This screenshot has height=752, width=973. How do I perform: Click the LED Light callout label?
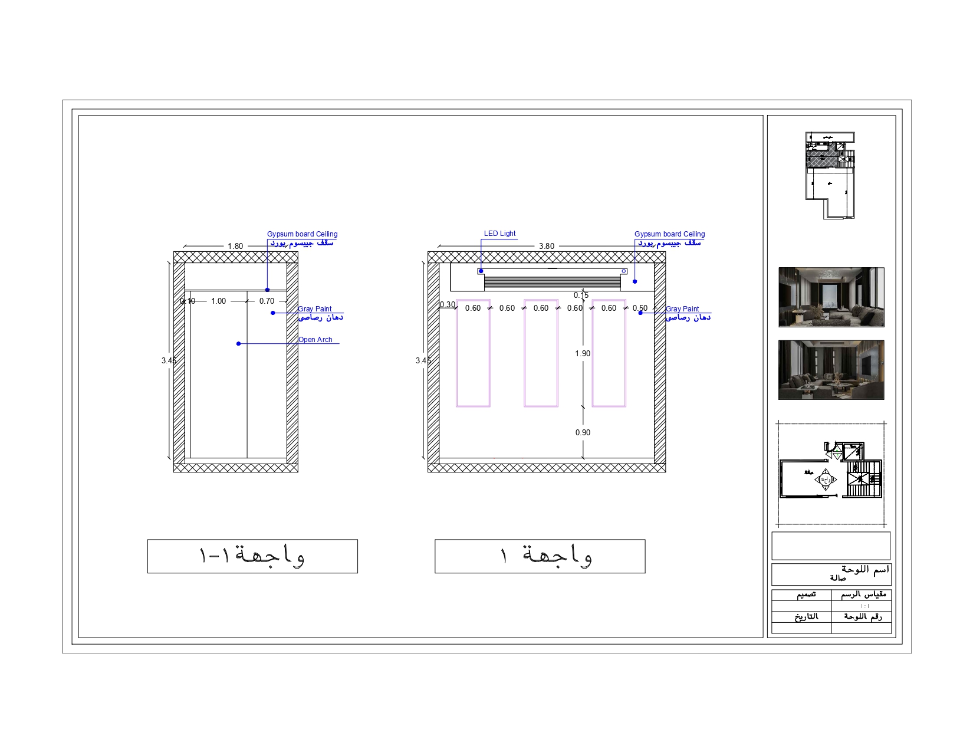click(x=499, y=234)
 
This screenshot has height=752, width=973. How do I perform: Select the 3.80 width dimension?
click(x=546, y=246)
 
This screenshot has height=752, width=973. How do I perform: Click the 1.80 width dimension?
click(x=235, y=246)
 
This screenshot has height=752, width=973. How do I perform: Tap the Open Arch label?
click(x=315, y=340)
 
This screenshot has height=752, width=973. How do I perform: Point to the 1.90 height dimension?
click(x=583, y=353)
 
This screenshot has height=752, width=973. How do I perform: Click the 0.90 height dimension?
click(x=583, y=432)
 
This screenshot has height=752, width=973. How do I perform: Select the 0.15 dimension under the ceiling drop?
click(x=581, y=295)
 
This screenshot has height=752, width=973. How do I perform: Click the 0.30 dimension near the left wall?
click(x=448, y=305)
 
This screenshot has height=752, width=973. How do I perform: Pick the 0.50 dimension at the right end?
click(x=640, y=308)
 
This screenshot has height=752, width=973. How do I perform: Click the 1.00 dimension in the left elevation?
click(x=218, y=301)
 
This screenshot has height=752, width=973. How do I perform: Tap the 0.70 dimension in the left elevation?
click(x=267, y=301)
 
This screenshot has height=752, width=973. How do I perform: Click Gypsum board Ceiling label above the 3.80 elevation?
click(x=669, y=234)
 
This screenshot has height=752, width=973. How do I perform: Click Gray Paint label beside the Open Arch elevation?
click(x=315, y=309)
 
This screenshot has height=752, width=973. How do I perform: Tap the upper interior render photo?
click(x=831, y=297)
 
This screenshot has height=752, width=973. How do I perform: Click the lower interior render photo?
click(x=831, y=370)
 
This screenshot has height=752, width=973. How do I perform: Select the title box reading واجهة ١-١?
click(x=252, y=556)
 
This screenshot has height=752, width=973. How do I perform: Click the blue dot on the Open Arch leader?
click(x=238, y=343)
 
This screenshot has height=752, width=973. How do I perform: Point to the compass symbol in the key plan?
click(x=826, y=480)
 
